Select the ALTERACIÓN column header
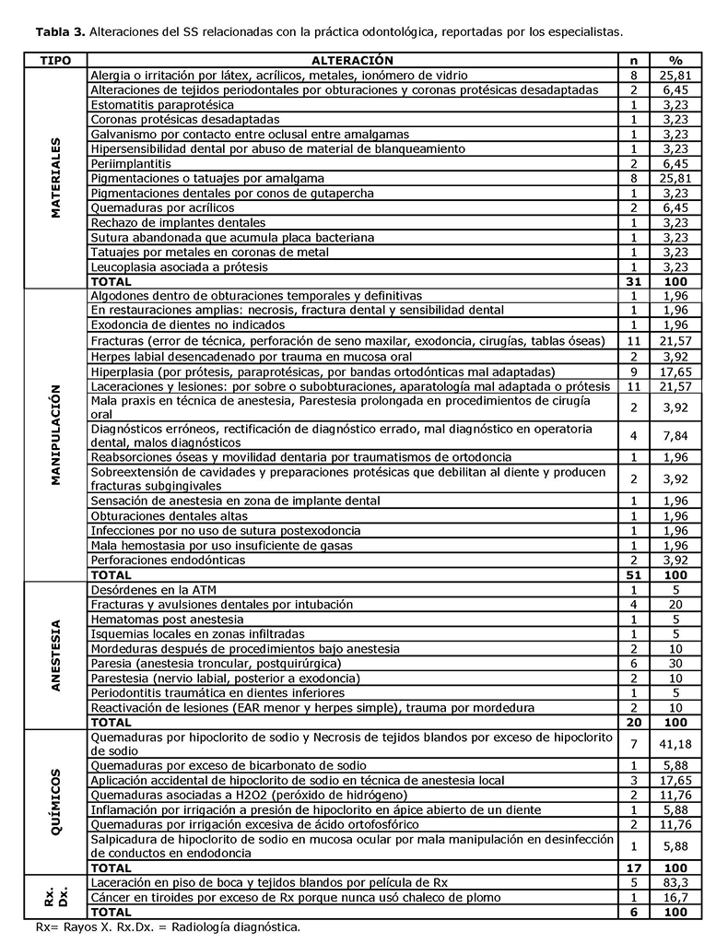coord(352,59)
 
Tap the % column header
coord(676,59)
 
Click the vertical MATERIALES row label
coord(56,178)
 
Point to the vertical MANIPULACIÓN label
coord(56,434)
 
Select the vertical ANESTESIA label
coord(56,655)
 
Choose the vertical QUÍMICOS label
coord(56,801)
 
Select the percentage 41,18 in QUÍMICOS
coord(676,744)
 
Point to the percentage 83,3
coord(676,882)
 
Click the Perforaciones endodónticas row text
coord(168,560)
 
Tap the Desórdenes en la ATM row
coord(154,589)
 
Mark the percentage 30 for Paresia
coord(676,663)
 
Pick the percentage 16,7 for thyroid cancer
coord(676,897)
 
